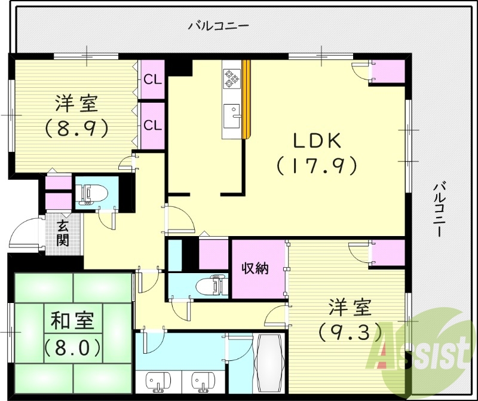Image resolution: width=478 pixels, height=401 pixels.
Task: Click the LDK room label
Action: click(316, 141)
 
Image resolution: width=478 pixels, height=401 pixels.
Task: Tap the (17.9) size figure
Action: click(317, 165)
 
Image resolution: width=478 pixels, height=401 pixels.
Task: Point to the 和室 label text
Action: click(71, 322)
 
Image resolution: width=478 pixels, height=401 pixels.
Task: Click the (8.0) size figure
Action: click(71, 346)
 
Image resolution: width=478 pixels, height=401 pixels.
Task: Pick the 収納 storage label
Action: click(255, 269)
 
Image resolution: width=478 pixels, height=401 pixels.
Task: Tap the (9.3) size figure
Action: click(350, 330)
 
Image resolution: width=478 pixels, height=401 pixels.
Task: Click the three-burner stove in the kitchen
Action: click(231, 78)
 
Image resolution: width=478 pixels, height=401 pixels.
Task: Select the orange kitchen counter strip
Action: click(246, 99)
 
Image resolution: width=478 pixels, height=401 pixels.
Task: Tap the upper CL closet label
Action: click(152, 78)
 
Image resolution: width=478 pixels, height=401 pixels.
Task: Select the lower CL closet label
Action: click(152, 125)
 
